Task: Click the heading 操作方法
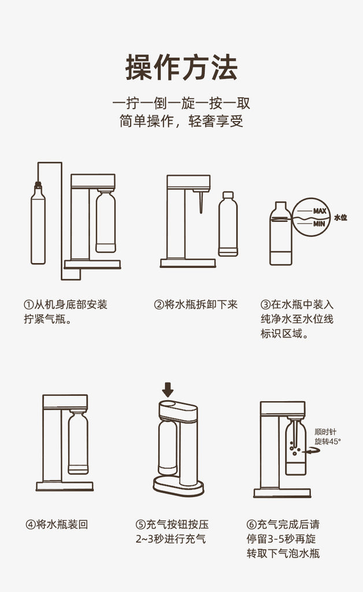pyautogui.click(x=181, y=68)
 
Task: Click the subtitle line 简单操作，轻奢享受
pyautogui.click(x=181, y=121)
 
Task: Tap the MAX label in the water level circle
pyautogui.click(x=319, y=210)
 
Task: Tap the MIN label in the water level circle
pyautogui.click(x=319, y=224)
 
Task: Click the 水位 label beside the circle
pyautogui.click(x=340, y=217)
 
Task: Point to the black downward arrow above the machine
pyautogui.click(x=168, y=389)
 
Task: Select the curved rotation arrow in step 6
pyautogui.click(x=313, y=450)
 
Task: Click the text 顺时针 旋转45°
pyautogui.click(x=328, y=436)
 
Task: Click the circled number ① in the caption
pyautogui.click(x=29, y=304)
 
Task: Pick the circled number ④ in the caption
pyautogui.click(x=31, y=524)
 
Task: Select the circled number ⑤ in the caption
pyautogui.click(x=140, y=524)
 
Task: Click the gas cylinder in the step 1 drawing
pyautogui.click(x=38, y=223)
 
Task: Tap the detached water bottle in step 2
pyautogui.click(x=228, y=224)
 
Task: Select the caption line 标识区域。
pyautogui.click(x=284, y=334)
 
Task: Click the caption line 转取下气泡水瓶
pyautogui.click(x=283, y=553)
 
